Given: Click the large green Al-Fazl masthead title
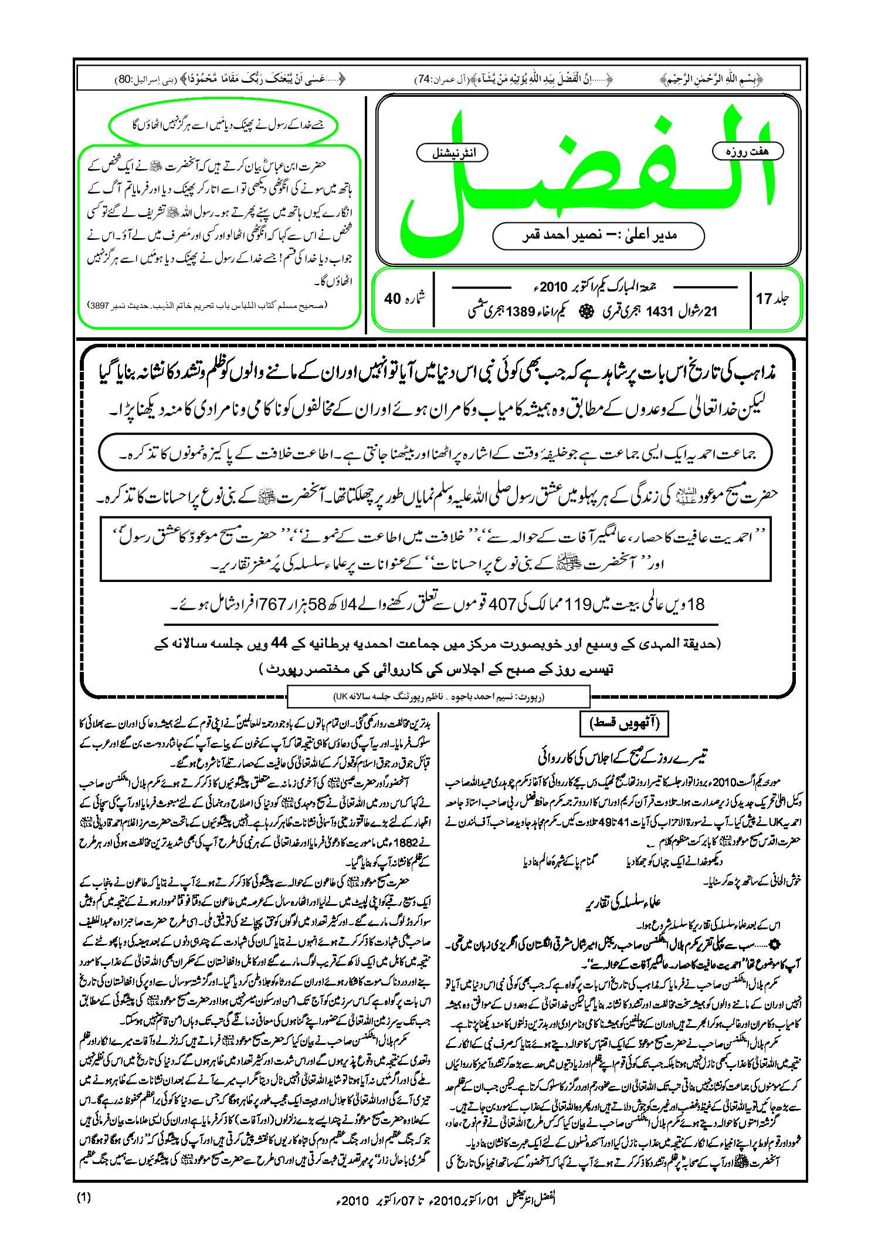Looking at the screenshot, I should point(587,176).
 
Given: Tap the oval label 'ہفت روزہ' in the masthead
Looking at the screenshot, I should point(747,151).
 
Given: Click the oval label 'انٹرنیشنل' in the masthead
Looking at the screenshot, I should point(452,153).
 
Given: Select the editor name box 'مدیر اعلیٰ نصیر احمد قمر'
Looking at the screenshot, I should point(598,236).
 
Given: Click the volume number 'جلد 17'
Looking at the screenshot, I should point(772,299).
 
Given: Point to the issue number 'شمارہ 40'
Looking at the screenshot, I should point(405,298).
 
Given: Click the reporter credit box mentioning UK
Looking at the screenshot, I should point(438,697).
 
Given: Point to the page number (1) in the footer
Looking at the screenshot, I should point(84,1197).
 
